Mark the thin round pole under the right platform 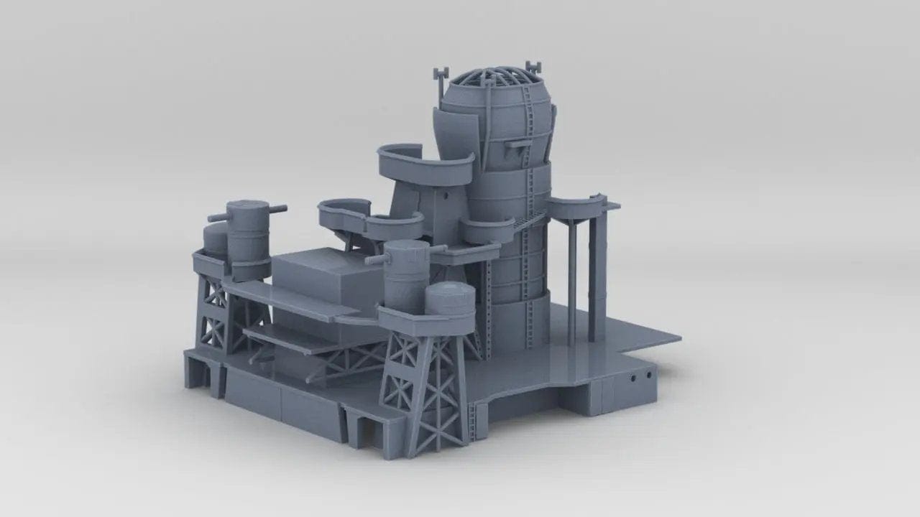click(x=571, y=280)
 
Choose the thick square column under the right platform click(x=596, y=273)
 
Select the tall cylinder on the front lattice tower click(x=406, y=276)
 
